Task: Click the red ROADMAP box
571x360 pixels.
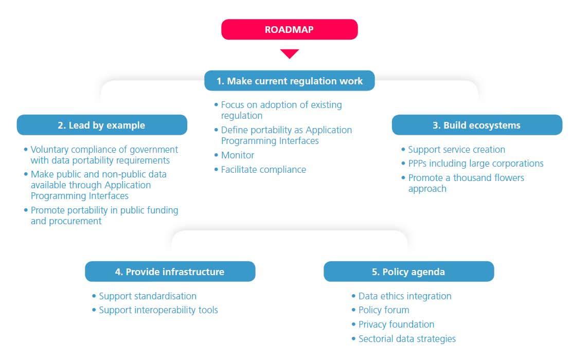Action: coord(290,29)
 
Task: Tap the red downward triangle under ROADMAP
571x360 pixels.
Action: coord(290,53)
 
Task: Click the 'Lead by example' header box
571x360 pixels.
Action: coord(102,125)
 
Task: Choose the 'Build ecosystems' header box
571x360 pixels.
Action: coord(477,125)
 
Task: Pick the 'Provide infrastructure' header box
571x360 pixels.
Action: coord(170,272)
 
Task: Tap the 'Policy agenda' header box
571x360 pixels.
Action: coord(408,272)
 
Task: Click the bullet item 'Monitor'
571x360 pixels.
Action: coord(238,155)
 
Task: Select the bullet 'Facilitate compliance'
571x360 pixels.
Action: coord(263,170)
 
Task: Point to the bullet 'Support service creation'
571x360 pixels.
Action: coord(457,150)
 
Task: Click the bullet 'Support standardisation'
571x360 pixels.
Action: coord(148,296)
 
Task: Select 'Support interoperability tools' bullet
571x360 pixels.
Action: coord(158,310)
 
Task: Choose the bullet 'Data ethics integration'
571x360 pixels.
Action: coord(405,296)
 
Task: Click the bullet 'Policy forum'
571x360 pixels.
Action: coord(384,310)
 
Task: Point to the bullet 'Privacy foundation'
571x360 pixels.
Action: coord(396,325)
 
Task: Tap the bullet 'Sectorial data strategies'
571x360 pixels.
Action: coord(407,339)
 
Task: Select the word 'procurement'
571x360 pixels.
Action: coord(75,221)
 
